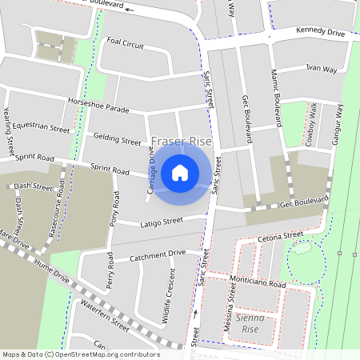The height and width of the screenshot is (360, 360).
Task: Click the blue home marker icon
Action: click(x=180, y=172)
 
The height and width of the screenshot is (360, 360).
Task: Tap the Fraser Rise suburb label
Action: click(x=182, y=142)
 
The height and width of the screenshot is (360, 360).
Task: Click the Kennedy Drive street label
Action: click(x=319, y=33)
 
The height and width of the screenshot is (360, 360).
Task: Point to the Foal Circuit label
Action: click(x=126, y=45)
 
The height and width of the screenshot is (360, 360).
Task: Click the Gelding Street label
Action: click(x=116, y=140)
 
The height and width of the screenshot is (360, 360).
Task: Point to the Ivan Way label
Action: click(x=317, y=70)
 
